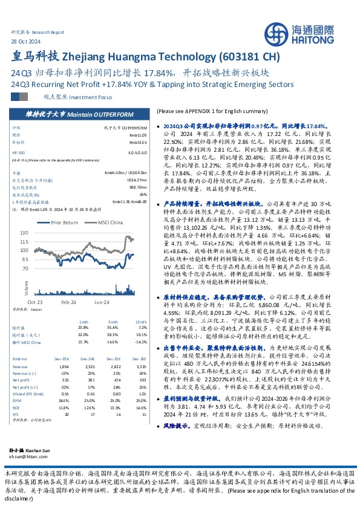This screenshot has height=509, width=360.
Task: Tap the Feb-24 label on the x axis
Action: [x=67, y=301]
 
